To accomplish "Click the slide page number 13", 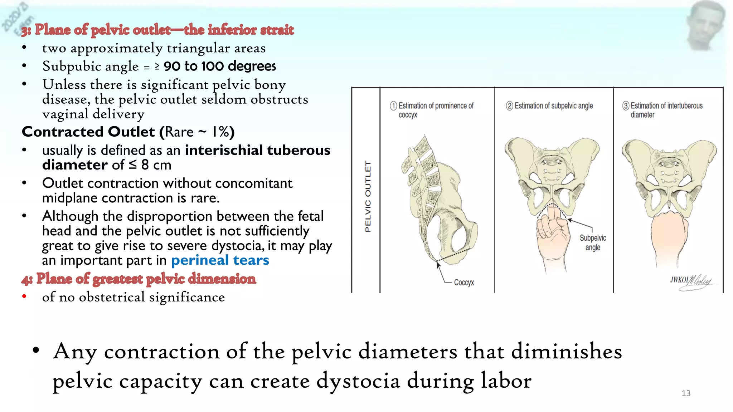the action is tap(686, 393).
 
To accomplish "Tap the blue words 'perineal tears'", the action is tap(220, 260).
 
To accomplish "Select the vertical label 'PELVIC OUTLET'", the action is tap(368, 196).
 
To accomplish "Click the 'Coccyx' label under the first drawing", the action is tap(464, 283).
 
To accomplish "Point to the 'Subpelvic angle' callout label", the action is tap(593, 242).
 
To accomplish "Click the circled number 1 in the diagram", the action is tap(393, 106).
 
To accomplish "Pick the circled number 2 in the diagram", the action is tap(509, 106).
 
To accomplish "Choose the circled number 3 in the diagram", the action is tap(626, 106).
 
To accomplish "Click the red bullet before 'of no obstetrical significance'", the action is tap(24, 296).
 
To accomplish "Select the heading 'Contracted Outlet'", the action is tap(88, 132).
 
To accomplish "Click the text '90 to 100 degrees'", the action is tap(220, 66).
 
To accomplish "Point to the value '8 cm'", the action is tap(156, 165).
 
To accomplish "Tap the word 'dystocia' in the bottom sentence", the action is tap(358, 381).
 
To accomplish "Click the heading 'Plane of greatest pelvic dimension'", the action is tap(146, 279).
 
